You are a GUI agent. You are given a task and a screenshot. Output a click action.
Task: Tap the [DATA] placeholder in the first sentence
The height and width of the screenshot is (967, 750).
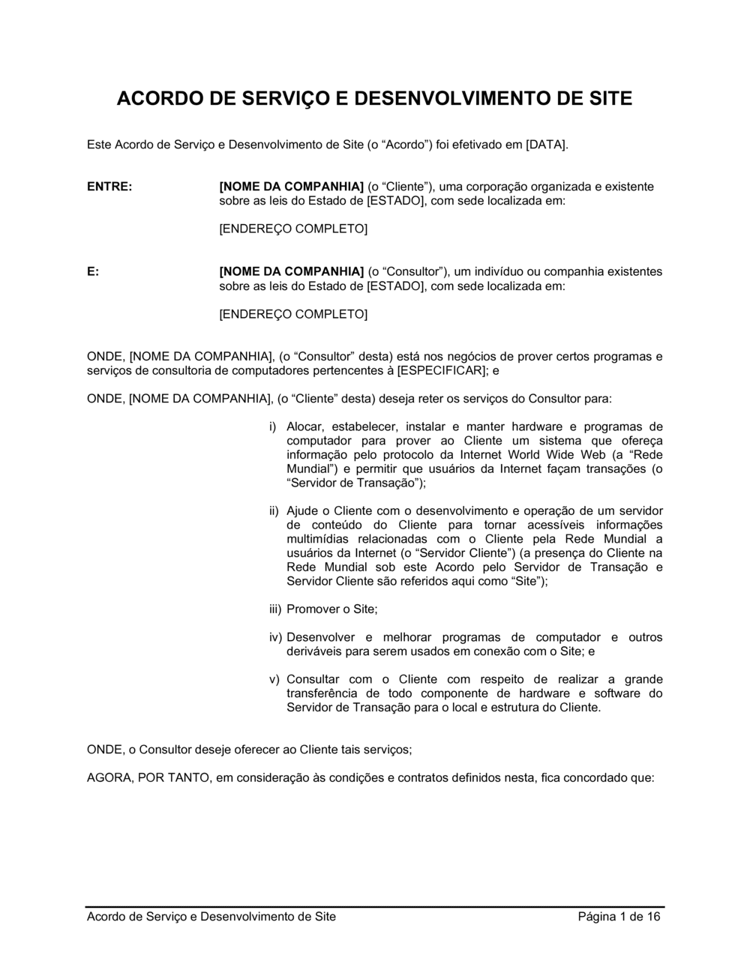547,144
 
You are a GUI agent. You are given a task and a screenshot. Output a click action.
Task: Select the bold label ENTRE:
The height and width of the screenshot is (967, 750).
109,187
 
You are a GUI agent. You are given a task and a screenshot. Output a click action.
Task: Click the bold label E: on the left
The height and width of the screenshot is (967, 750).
93,271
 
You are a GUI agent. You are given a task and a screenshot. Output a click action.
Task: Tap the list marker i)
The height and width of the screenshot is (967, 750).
274,427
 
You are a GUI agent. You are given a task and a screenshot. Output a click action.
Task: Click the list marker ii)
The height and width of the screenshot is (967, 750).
274,511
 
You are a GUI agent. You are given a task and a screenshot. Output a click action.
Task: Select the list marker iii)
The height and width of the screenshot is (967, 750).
275,609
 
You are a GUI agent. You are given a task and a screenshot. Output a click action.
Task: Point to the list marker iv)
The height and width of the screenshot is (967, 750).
275,638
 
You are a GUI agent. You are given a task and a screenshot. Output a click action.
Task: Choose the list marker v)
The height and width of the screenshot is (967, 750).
274,680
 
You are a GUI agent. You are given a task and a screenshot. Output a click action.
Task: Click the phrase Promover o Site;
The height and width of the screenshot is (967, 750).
332,609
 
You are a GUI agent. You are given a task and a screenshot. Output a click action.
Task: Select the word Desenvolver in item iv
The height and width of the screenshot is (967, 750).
321,638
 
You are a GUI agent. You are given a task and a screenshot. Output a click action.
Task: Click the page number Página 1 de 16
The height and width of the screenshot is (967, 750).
619,917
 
